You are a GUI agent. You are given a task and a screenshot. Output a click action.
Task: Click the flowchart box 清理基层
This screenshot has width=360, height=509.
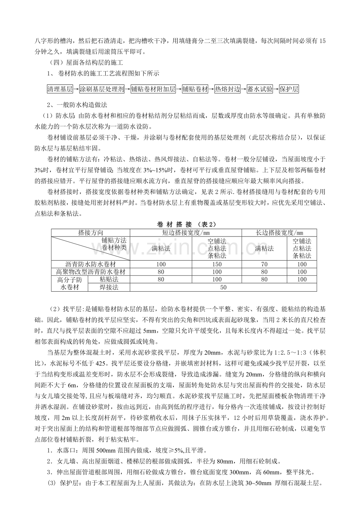click(x=60, y=89)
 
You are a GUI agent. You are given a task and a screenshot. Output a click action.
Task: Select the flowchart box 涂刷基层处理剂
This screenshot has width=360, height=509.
click(x=102, y=89)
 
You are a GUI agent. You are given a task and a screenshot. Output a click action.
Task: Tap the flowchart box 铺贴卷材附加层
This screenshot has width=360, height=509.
click(x=154, y=89)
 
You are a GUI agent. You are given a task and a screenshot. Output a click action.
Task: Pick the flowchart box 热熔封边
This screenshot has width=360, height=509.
click(x=227, y=89)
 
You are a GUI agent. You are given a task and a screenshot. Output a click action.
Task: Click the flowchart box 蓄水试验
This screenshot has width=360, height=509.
click(x=260, y=89)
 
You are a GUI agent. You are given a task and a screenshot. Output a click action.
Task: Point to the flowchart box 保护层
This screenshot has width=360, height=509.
click(x=289, y=89)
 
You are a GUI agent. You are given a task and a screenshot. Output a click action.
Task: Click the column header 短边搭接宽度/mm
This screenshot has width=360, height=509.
click(x=185, y=233)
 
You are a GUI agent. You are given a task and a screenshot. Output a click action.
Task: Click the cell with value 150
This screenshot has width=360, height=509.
click(x=217, y=264)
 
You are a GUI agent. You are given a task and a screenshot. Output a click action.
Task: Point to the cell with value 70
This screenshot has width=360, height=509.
click(x=264, y=264)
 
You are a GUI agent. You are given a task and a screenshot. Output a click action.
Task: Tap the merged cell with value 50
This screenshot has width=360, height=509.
click(x=223, y=287)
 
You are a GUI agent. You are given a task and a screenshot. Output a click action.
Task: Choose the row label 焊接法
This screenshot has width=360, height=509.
click(x=109, y=287)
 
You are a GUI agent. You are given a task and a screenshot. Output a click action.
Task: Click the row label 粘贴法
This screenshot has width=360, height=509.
click(x=109, y=280)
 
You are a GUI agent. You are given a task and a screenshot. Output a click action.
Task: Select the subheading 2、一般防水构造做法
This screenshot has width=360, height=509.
click(x=77, y=105)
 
